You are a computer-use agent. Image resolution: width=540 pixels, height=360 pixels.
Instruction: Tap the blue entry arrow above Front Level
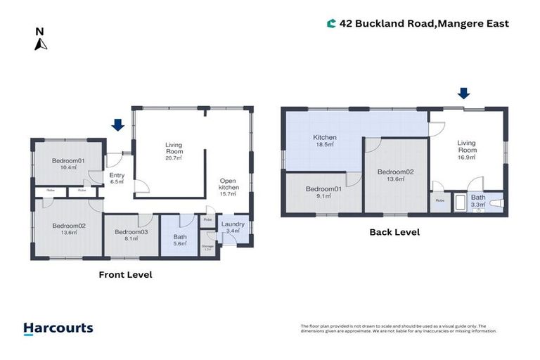point(117,125)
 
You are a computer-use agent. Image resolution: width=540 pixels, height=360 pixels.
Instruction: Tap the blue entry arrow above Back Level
point(463,94)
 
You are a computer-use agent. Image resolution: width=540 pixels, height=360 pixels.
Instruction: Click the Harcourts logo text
point(58,328)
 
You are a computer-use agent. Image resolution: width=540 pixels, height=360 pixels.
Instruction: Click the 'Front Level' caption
point(125,275)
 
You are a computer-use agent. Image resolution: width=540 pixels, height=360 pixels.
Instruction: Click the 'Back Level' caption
point(394,232)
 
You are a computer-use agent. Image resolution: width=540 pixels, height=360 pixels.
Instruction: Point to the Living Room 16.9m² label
point(467,150)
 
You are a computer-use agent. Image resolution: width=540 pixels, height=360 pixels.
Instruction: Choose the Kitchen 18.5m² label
point(324,141)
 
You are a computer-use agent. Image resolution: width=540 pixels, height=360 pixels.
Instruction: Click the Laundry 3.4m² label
point(233,228)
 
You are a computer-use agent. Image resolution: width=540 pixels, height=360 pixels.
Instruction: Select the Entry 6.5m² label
point(116,179)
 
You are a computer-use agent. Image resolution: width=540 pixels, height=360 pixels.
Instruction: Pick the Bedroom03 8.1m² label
point(131,236)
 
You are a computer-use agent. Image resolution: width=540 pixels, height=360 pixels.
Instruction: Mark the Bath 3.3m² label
point(478,201)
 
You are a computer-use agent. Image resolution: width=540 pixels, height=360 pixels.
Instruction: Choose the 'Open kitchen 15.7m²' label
point(229,187)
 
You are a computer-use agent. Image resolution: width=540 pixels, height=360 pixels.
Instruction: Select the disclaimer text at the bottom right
point(398,328)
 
